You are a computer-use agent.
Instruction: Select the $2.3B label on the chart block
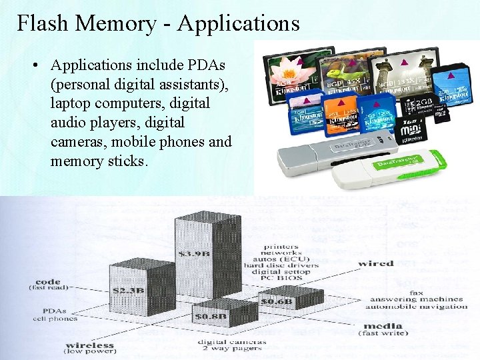[x=129, y=291]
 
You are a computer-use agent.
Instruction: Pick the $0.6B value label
[x=277, y=302]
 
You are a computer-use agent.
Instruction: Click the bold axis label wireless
[x=90, y=346]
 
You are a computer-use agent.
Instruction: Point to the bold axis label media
[x=383, y=326]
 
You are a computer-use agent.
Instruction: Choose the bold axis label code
[x=49, y=282]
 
